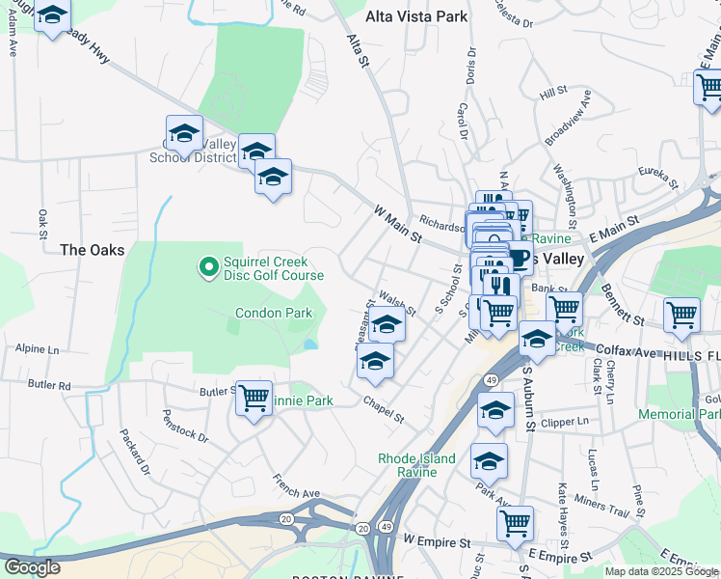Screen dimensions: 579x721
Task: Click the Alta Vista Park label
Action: click(x=416, y=16)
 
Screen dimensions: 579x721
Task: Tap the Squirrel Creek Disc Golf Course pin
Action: click(x=207, y=265)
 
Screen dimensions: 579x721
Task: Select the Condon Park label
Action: click(x=274, y=313)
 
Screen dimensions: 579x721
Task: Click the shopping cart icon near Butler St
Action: click(x=254, y=397)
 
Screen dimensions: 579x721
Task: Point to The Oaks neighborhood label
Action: click(x=93, y=250)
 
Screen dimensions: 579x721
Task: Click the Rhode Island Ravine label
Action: click(x=416, y=465)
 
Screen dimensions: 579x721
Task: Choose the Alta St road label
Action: click(x=358, y=47)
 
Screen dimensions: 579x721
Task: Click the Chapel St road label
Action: click(x=384, y=409)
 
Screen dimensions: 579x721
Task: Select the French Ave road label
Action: click(x=296, y=486)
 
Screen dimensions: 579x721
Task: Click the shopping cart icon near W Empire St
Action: click(x=516, y=523)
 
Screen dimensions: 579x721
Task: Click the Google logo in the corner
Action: click(x=32, y=567)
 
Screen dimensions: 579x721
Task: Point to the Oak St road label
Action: click(x=42, y=223)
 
